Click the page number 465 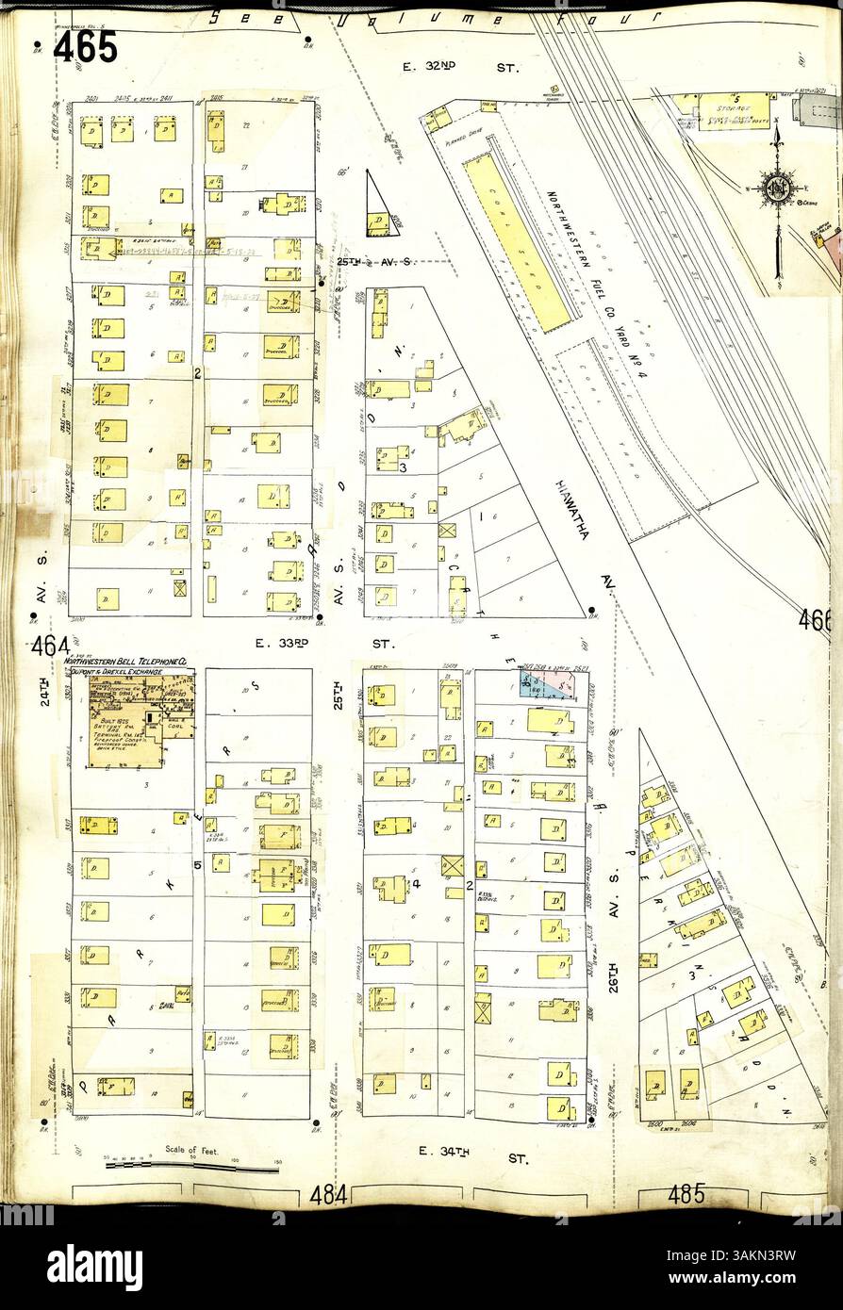point(86,47)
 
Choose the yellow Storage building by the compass point(733,111)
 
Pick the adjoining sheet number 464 point(48,647)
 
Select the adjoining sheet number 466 point(815,620)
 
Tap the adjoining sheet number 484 point(329,1195)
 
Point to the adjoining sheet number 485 point(686,1195)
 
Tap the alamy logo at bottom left point(94,1261)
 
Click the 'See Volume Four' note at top point(434,18)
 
